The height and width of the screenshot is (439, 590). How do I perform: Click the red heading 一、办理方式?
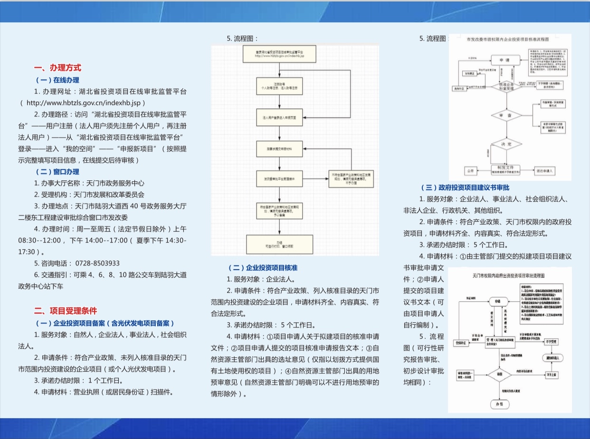[57, 68]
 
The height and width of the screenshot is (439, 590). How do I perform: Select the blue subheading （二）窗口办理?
[57, 171]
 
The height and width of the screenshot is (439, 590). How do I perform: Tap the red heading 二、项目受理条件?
[66, 311]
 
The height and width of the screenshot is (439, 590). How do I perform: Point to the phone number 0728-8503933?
[97, 263]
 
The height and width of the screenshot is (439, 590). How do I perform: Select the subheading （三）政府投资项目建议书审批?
[465, 188]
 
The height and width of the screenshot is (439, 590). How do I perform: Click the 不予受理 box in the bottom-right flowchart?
[551, 341]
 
